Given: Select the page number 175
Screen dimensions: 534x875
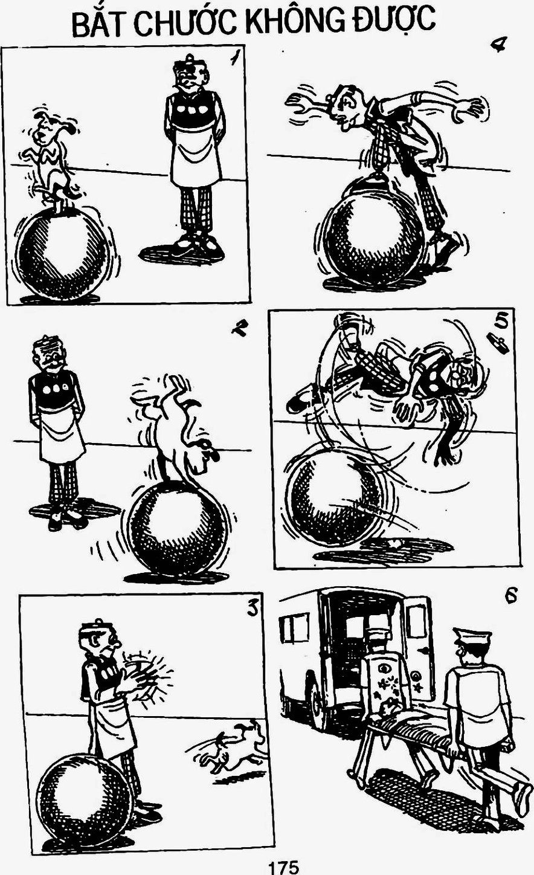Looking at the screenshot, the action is click(x=283, y=867).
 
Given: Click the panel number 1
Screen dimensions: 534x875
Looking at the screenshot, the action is click(x=234, y=59).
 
